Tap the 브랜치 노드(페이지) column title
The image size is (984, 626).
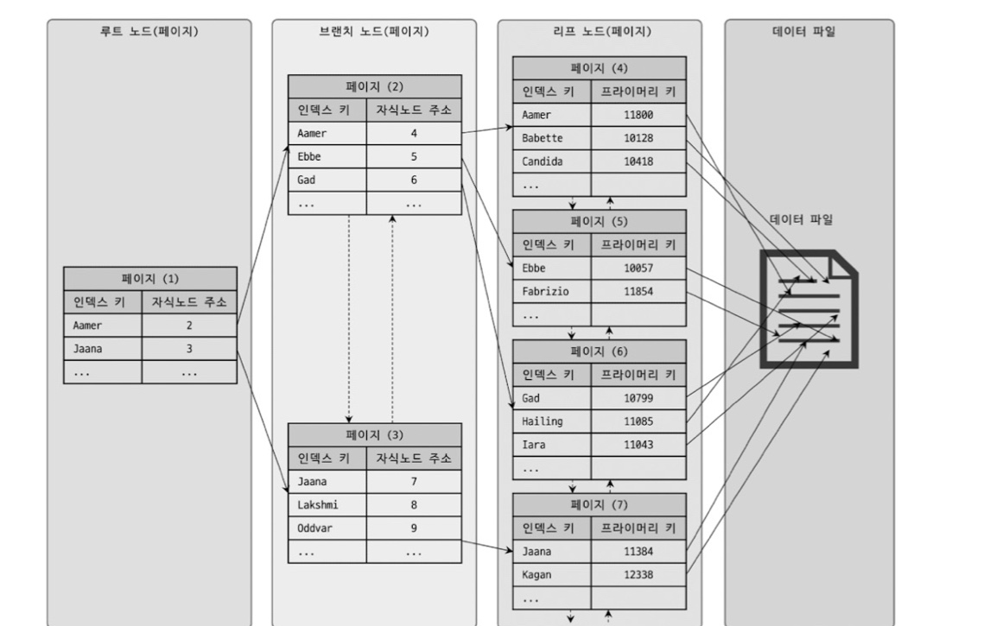373,32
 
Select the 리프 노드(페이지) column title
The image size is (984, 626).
599,32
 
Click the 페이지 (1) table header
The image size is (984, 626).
149,278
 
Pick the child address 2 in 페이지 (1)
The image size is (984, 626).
188,326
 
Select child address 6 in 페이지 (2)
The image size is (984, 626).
414,180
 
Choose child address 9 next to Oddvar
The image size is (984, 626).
414,527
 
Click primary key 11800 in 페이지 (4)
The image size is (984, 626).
638,115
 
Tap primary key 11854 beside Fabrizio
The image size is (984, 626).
638,292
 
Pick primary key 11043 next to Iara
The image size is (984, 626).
638,444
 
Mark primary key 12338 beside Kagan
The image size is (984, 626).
638,574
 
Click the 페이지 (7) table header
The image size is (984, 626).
599,504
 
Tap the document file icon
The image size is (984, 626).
809,308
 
